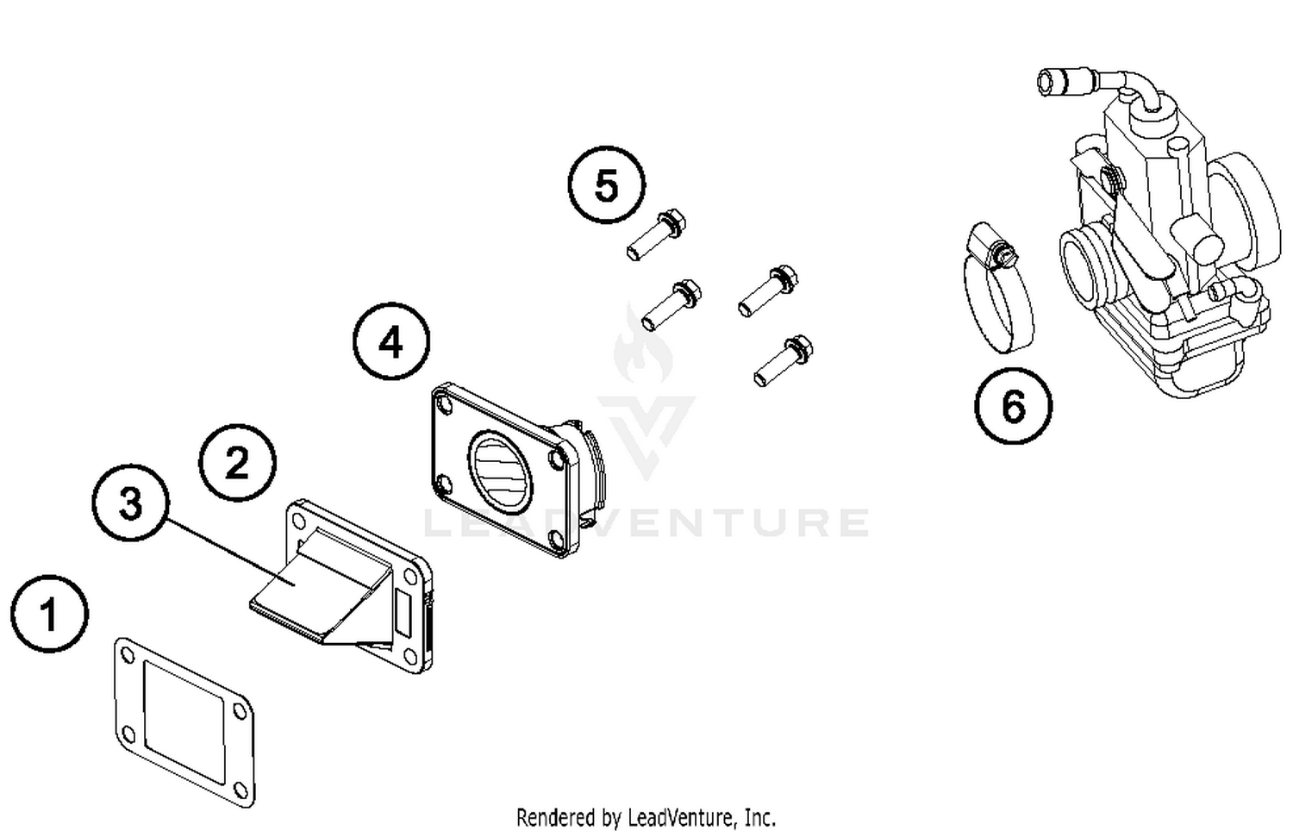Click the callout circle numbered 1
coord(49,615)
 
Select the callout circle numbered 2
coord(237,463)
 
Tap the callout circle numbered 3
coord(131,503)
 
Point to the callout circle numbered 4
coord(391,342)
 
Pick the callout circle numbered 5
coord(606,185)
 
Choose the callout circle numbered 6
coord(1013,405)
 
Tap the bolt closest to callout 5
coord(656,234)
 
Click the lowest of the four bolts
coord(784,360)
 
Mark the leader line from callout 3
coord(228,553)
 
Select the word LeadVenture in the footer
coord(681,816)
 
